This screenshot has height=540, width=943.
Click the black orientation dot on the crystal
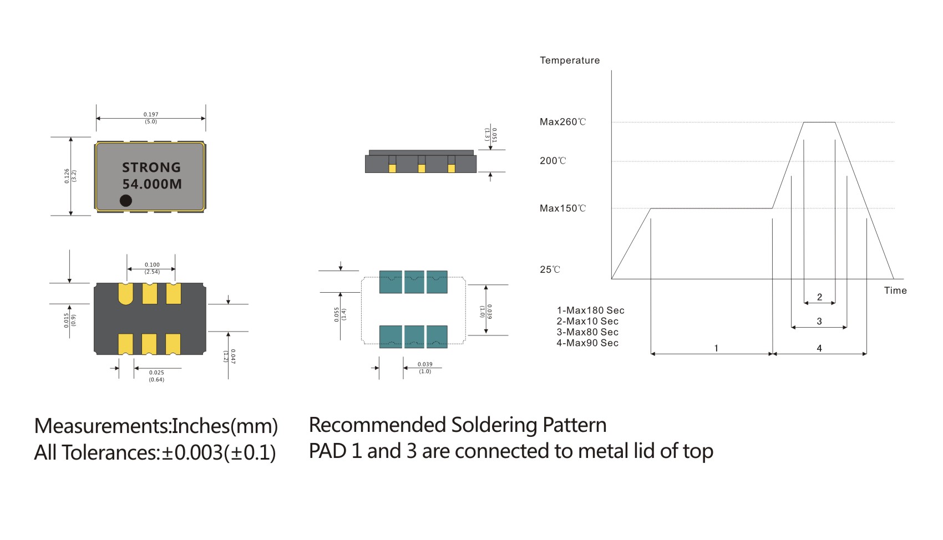pos(126,200)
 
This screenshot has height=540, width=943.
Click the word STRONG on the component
pos(151,167)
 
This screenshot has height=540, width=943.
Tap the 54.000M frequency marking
pos(152,184)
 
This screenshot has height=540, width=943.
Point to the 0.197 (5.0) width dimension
pos(151,118)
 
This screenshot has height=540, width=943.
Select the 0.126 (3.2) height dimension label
pos(70,176)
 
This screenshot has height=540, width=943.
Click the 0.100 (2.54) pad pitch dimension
pos(152,268)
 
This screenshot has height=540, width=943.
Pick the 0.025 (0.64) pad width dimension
pos(156,376)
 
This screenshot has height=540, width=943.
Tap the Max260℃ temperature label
pos(562,122)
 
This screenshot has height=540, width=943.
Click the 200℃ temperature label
pos(553,161)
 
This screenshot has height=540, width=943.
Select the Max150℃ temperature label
pos(562,208)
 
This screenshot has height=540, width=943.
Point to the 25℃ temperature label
pos(550,269)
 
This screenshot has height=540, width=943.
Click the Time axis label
pos(895,291)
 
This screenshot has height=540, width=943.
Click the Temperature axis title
pos(570,60)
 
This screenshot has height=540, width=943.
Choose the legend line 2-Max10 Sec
pos(587,321)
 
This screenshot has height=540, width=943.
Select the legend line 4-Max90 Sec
pos(587,343)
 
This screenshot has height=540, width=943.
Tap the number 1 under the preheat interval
pos(716,348)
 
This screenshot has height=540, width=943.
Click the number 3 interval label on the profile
pos(819,321)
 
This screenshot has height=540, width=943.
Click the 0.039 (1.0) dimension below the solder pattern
pos(425,368)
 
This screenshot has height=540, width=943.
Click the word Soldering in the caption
pos(494,425)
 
